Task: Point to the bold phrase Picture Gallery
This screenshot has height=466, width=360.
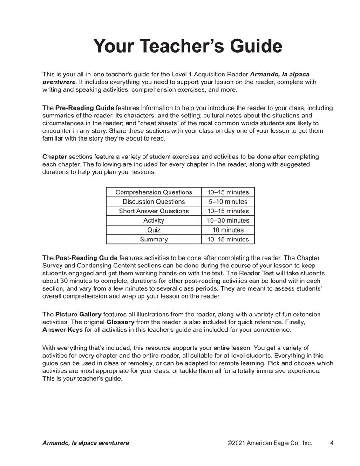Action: point(77,315)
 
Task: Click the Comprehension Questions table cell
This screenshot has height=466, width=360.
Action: point(154,192)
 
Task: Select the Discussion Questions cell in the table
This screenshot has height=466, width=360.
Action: point(154,202)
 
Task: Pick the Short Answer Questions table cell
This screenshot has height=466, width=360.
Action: point(154,211)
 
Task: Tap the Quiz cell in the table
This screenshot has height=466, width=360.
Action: point(154,230)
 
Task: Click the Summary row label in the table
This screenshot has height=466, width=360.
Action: point(154,240)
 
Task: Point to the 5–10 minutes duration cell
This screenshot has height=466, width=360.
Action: point(228,202)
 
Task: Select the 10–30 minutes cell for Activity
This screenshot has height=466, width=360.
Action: point(228,220)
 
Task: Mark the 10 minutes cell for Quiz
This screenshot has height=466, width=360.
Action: point(228,230)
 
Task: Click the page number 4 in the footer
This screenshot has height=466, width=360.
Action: point(331,443)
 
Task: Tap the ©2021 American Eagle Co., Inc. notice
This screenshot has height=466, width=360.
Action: point(270,443)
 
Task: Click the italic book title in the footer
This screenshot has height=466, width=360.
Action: point(86,443)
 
